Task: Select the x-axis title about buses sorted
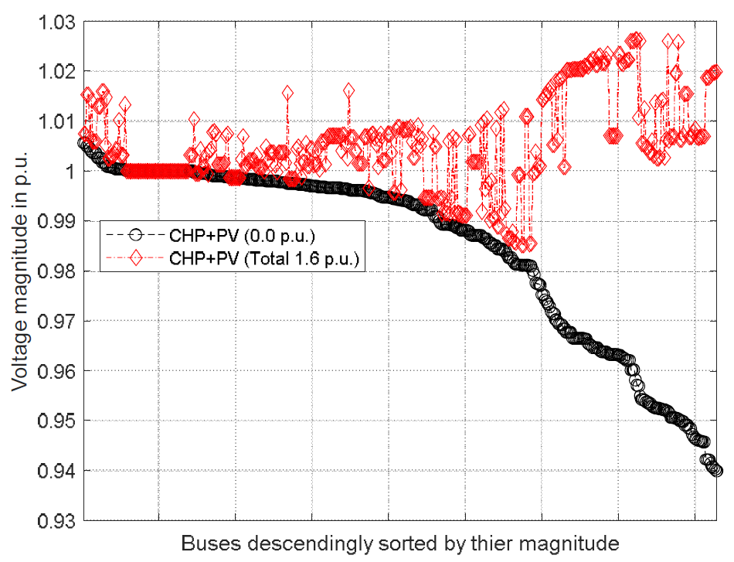400,543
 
